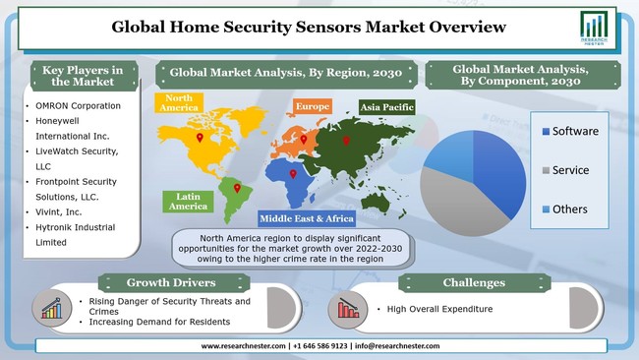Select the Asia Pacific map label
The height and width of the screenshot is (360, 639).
click(384, 106)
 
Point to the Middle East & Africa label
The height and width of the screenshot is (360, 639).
click(306, 218)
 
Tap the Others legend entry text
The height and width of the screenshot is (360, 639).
click(569, 209)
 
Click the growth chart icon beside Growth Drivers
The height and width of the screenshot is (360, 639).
click(52, 307)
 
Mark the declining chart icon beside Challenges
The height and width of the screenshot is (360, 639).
click(347, 308)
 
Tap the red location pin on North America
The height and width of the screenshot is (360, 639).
click(200, 139)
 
